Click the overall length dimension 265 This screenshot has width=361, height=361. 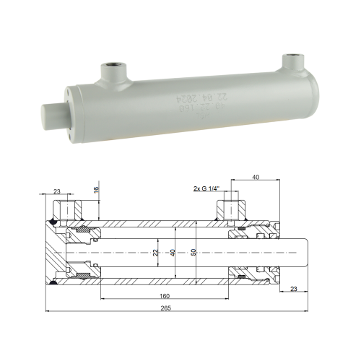(167, 308)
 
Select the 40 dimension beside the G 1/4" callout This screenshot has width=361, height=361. (256, 176)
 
